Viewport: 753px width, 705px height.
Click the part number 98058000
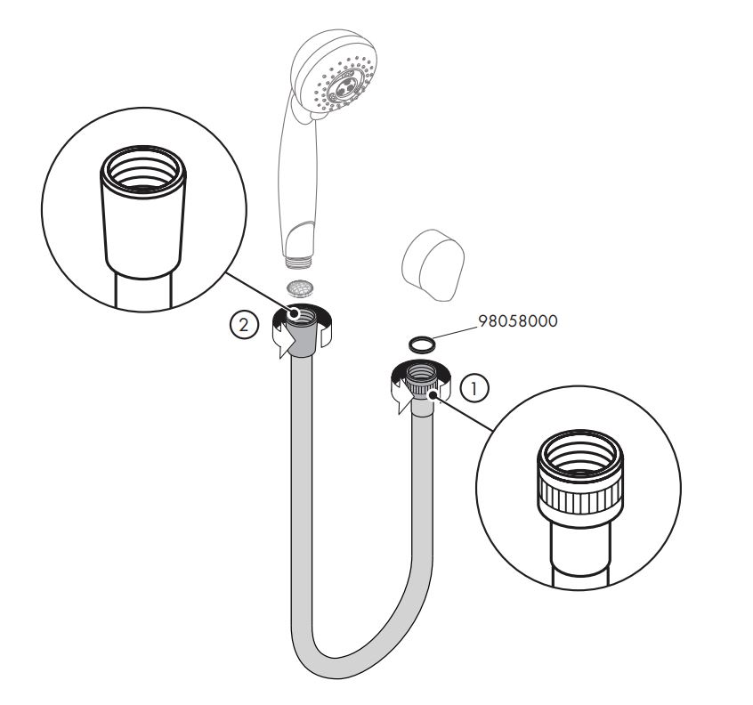[x=518, y=320]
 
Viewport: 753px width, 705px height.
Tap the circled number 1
[x=474, y=388]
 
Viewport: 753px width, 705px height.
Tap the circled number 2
[x=244, y=326]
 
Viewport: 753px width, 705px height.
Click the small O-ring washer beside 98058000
[x=422, y=344]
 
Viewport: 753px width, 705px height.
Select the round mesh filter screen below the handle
[x=300, y=288]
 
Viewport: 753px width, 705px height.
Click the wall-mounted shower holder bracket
[x=433, y=265]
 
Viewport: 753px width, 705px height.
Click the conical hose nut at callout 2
[x=302, y=332]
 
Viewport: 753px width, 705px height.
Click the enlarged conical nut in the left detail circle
[x=143, y=212]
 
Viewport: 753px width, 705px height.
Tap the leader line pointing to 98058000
[x=453, y=333]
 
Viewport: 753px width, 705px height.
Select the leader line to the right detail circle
[x=464, y=412]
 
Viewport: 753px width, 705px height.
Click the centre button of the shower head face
[x=344, y=87]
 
